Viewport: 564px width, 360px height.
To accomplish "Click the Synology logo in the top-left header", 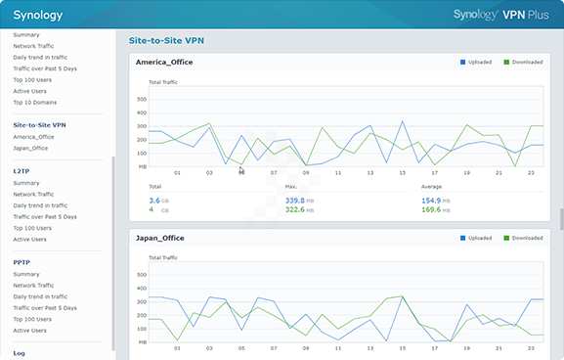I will click(x=37, y=15).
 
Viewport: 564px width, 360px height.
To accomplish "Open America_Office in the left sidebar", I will click(x=34, y=137).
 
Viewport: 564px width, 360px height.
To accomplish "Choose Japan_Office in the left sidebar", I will click(x=32, y=149).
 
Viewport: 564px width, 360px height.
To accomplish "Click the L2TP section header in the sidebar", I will click(x=22, y=170).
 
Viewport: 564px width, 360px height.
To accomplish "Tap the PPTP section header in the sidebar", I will click(x=22, y=262).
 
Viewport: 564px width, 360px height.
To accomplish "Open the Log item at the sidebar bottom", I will click(x=20, y=353).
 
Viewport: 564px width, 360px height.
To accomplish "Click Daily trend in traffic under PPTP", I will click(x=40, y=296).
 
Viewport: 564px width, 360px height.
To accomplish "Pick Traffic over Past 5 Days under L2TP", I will click(x=45, y=216).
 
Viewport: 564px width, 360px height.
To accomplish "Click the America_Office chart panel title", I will click(x=165, y=63).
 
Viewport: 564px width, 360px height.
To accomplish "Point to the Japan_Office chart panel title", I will click(x=161, y=238).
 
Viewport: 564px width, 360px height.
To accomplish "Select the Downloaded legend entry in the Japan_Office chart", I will click(x=526, y=238).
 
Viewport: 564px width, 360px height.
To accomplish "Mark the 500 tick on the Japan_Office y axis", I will click(x=141, y=274).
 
